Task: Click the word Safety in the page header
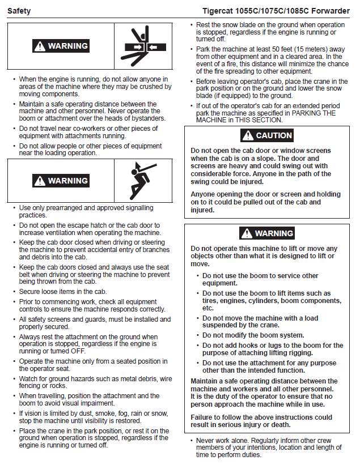click(19, 11)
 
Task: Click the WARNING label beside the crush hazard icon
click(61, 46)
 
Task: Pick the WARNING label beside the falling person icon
click(61, 181)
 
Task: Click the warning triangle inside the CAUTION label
click(247, 136)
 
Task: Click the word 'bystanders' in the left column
click(146, 118)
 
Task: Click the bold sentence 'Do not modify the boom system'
click(253, 335)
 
